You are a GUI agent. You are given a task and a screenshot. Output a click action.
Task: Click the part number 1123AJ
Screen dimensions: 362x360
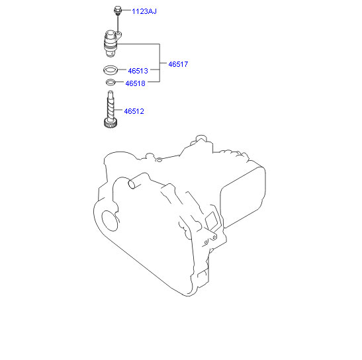[144, 11]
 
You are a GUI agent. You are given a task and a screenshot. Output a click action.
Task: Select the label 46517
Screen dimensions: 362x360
[178, 64]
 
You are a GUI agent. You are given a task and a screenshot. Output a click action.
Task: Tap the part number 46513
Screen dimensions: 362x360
[138, 71]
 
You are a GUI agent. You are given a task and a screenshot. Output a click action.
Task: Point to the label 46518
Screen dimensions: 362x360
[135, 83]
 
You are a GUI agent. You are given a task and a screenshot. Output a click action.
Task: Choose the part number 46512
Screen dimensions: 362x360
[134, 111]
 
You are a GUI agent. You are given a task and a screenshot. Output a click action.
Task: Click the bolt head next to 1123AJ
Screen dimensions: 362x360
[117, 11]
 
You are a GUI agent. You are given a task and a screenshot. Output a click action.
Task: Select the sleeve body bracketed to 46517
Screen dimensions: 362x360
[111, 44]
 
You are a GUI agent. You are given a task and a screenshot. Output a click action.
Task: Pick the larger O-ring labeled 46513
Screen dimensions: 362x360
[111, 70]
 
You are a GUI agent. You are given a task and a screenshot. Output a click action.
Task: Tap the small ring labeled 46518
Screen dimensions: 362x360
[111, 82]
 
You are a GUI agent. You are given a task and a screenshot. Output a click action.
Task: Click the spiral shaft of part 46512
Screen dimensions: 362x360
[111, 105]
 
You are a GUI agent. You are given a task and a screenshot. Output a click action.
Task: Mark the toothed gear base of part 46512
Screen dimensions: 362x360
[111, 122]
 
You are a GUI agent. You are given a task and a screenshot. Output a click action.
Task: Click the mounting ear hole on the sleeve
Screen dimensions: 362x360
[118, 34]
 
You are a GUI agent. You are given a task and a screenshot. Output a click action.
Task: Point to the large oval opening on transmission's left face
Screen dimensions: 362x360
[110, 221]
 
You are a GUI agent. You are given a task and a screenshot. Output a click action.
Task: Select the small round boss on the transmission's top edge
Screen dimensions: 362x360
[159, 159]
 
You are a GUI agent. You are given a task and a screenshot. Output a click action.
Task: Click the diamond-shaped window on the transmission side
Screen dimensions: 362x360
[212, 220]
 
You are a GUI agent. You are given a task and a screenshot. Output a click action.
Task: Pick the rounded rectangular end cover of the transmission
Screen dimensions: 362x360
[243, 197]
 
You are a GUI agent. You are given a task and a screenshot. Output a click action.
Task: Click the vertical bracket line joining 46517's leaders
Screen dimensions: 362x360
[159, 63]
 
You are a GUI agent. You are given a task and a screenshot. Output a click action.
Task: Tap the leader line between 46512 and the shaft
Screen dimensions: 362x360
[118, 110]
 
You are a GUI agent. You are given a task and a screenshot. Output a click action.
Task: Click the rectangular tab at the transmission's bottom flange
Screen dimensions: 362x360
[203, 279]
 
